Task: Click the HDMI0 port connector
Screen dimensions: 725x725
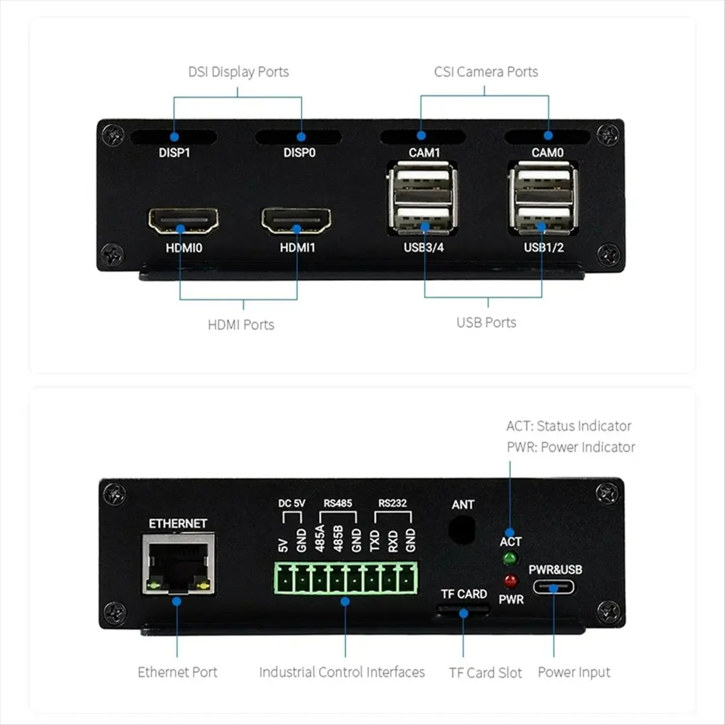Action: [183, 221]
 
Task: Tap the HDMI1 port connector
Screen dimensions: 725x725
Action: [296, 221]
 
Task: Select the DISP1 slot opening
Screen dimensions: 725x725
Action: [174, 137]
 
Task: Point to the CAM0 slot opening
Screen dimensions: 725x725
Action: [547, 137]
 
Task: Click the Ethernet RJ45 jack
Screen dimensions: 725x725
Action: [178, 564]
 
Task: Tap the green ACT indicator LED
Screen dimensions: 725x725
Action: [510, 559]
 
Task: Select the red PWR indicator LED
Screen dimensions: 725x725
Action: [511, 582]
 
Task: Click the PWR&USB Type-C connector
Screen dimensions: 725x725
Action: [554, 587]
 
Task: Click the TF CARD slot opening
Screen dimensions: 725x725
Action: [463, 611]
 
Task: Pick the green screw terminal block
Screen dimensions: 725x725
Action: [346, 579]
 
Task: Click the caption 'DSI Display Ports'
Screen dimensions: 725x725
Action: [238, 72]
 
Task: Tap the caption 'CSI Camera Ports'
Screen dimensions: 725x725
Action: [486, 72]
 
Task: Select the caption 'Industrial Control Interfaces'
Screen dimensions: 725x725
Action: [342, 672]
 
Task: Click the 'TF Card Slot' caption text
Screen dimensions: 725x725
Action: [485, 673]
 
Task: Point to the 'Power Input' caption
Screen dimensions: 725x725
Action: [574, 672]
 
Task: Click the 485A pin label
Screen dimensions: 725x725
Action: [320, 538]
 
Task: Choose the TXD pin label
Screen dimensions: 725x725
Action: [375, 540]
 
